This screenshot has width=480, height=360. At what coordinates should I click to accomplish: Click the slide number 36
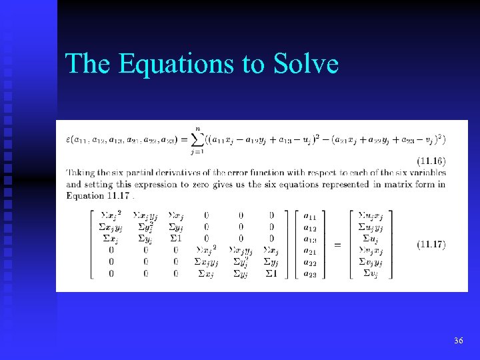pos(458,341)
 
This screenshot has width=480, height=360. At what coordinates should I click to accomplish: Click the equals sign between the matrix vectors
pos(337,245)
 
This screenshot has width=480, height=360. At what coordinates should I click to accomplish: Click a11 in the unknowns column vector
pos(310,216)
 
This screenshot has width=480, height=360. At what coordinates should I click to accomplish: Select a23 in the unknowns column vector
pos(310,273)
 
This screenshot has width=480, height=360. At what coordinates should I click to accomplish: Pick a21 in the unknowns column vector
pos(310,251)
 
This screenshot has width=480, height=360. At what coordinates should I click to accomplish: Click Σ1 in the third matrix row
pos(176,239)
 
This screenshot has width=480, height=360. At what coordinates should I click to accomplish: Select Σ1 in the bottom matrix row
pos(271,273)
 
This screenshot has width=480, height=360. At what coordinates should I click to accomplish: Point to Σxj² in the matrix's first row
pos(109,216)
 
